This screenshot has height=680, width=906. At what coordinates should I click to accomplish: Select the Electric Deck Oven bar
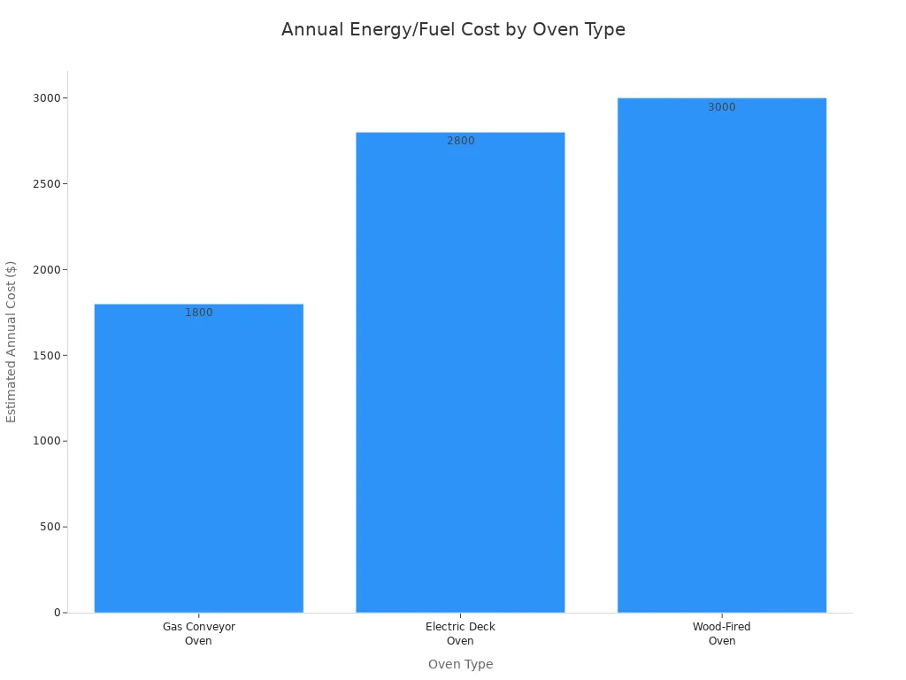[x=460, y=372]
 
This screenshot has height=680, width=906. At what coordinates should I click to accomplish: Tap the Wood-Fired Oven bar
[x=721, y=354]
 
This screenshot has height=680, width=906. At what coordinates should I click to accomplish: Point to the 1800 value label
[x=198, y=313]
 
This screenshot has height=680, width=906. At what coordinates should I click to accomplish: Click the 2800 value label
[x=460, y=141]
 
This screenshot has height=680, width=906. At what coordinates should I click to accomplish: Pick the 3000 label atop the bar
[x=721, y=107]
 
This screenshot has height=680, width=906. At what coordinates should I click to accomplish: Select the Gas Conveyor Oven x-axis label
[x=198, y=634]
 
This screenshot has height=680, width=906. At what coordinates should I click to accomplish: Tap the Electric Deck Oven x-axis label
[x=460, y=634]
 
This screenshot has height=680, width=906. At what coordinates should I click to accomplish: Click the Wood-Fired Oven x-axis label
[x=721, y=634]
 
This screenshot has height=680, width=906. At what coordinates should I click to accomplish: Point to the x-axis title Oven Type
[x=460, y=664]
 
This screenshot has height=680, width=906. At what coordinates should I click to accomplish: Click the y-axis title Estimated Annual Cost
[x=12, y=342]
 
